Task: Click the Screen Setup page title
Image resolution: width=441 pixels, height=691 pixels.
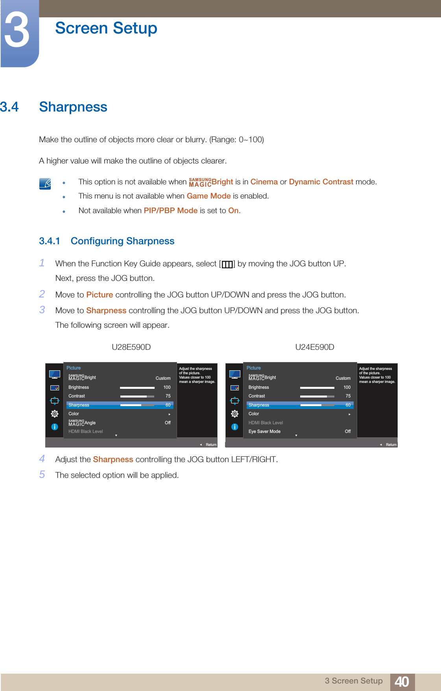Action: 106,28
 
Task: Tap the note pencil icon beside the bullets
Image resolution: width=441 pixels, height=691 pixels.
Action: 45,184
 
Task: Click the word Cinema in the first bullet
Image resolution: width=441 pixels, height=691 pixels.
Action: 264,182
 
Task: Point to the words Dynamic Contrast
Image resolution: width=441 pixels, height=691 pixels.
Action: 321,182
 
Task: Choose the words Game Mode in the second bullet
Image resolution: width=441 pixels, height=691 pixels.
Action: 209,196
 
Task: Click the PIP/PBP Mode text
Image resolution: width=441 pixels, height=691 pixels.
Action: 170,211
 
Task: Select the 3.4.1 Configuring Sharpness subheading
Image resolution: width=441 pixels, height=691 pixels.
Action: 107,241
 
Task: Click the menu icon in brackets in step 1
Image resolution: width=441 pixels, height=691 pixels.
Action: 227,264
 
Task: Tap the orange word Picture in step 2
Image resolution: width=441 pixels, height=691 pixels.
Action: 100,295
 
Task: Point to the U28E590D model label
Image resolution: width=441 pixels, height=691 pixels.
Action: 131,347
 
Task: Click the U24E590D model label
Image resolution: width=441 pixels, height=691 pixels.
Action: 315,347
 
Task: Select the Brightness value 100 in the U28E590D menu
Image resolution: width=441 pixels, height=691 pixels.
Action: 167,387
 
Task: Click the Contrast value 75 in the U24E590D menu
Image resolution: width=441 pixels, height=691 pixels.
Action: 348,396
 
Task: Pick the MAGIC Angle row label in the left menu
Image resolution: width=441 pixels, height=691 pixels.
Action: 82,423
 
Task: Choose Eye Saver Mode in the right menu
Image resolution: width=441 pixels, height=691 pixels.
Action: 264,431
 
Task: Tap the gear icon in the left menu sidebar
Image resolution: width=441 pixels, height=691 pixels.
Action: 55,414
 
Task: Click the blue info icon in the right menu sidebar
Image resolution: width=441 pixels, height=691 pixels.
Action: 235,427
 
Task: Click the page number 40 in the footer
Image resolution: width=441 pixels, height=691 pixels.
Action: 402,682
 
